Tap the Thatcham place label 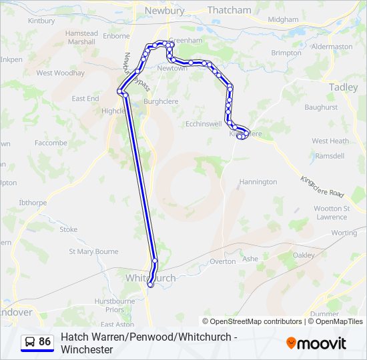[x=229, y=10]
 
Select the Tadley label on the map [x=343, y=87]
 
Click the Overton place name [x=223, y=261]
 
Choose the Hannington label [x=258, y=181]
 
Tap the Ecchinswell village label [x=204, y=124]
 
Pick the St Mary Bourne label [x=94, y=252]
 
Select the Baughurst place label [x=321, y=107]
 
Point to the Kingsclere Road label [x=322, y=187]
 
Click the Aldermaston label [x=332, y=47]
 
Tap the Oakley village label [x=304, y=255]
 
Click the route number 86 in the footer [x=45, y=341]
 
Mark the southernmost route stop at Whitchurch [x=150, y=285]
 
